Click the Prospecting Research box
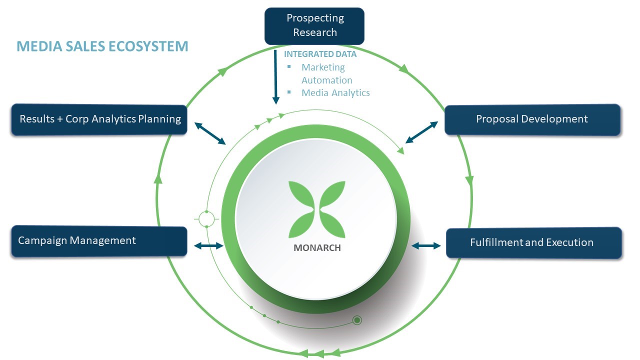[x=314, y=25]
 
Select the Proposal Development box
[x=532, y=119]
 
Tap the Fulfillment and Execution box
[x=533, y=243]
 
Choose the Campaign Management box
[x=99, y=241]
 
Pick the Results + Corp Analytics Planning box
[x=99, y=119]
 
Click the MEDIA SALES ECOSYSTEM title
[x=102, y=46]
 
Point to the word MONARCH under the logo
[x=317, y=248]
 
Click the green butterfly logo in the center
[x=317, y=209]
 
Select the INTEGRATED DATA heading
[x=320, y=54]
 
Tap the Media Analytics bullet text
[x=335, y=92]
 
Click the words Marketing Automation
[x=326, y=73]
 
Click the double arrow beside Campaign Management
[x=208, y=245]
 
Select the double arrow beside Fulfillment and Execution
[x=426, y=245]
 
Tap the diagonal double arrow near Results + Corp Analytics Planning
[x=210, y=133]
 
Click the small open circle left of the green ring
[x=206, y=218]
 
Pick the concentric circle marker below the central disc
[x=357, y=320]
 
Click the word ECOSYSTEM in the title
[x=150, y=46]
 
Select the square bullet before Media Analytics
[x=288, y=92]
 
